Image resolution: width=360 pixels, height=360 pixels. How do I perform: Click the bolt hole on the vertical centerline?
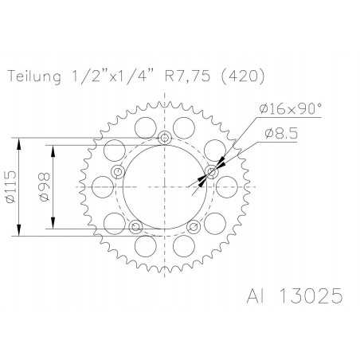click(164, 139)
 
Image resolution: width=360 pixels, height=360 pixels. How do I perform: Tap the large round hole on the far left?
click(100, 185)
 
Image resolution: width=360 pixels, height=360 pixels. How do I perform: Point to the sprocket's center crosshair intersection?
click(164, 186)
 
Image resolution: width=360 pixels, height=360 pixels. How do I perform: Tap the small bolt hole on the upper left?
click(118, 172)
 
